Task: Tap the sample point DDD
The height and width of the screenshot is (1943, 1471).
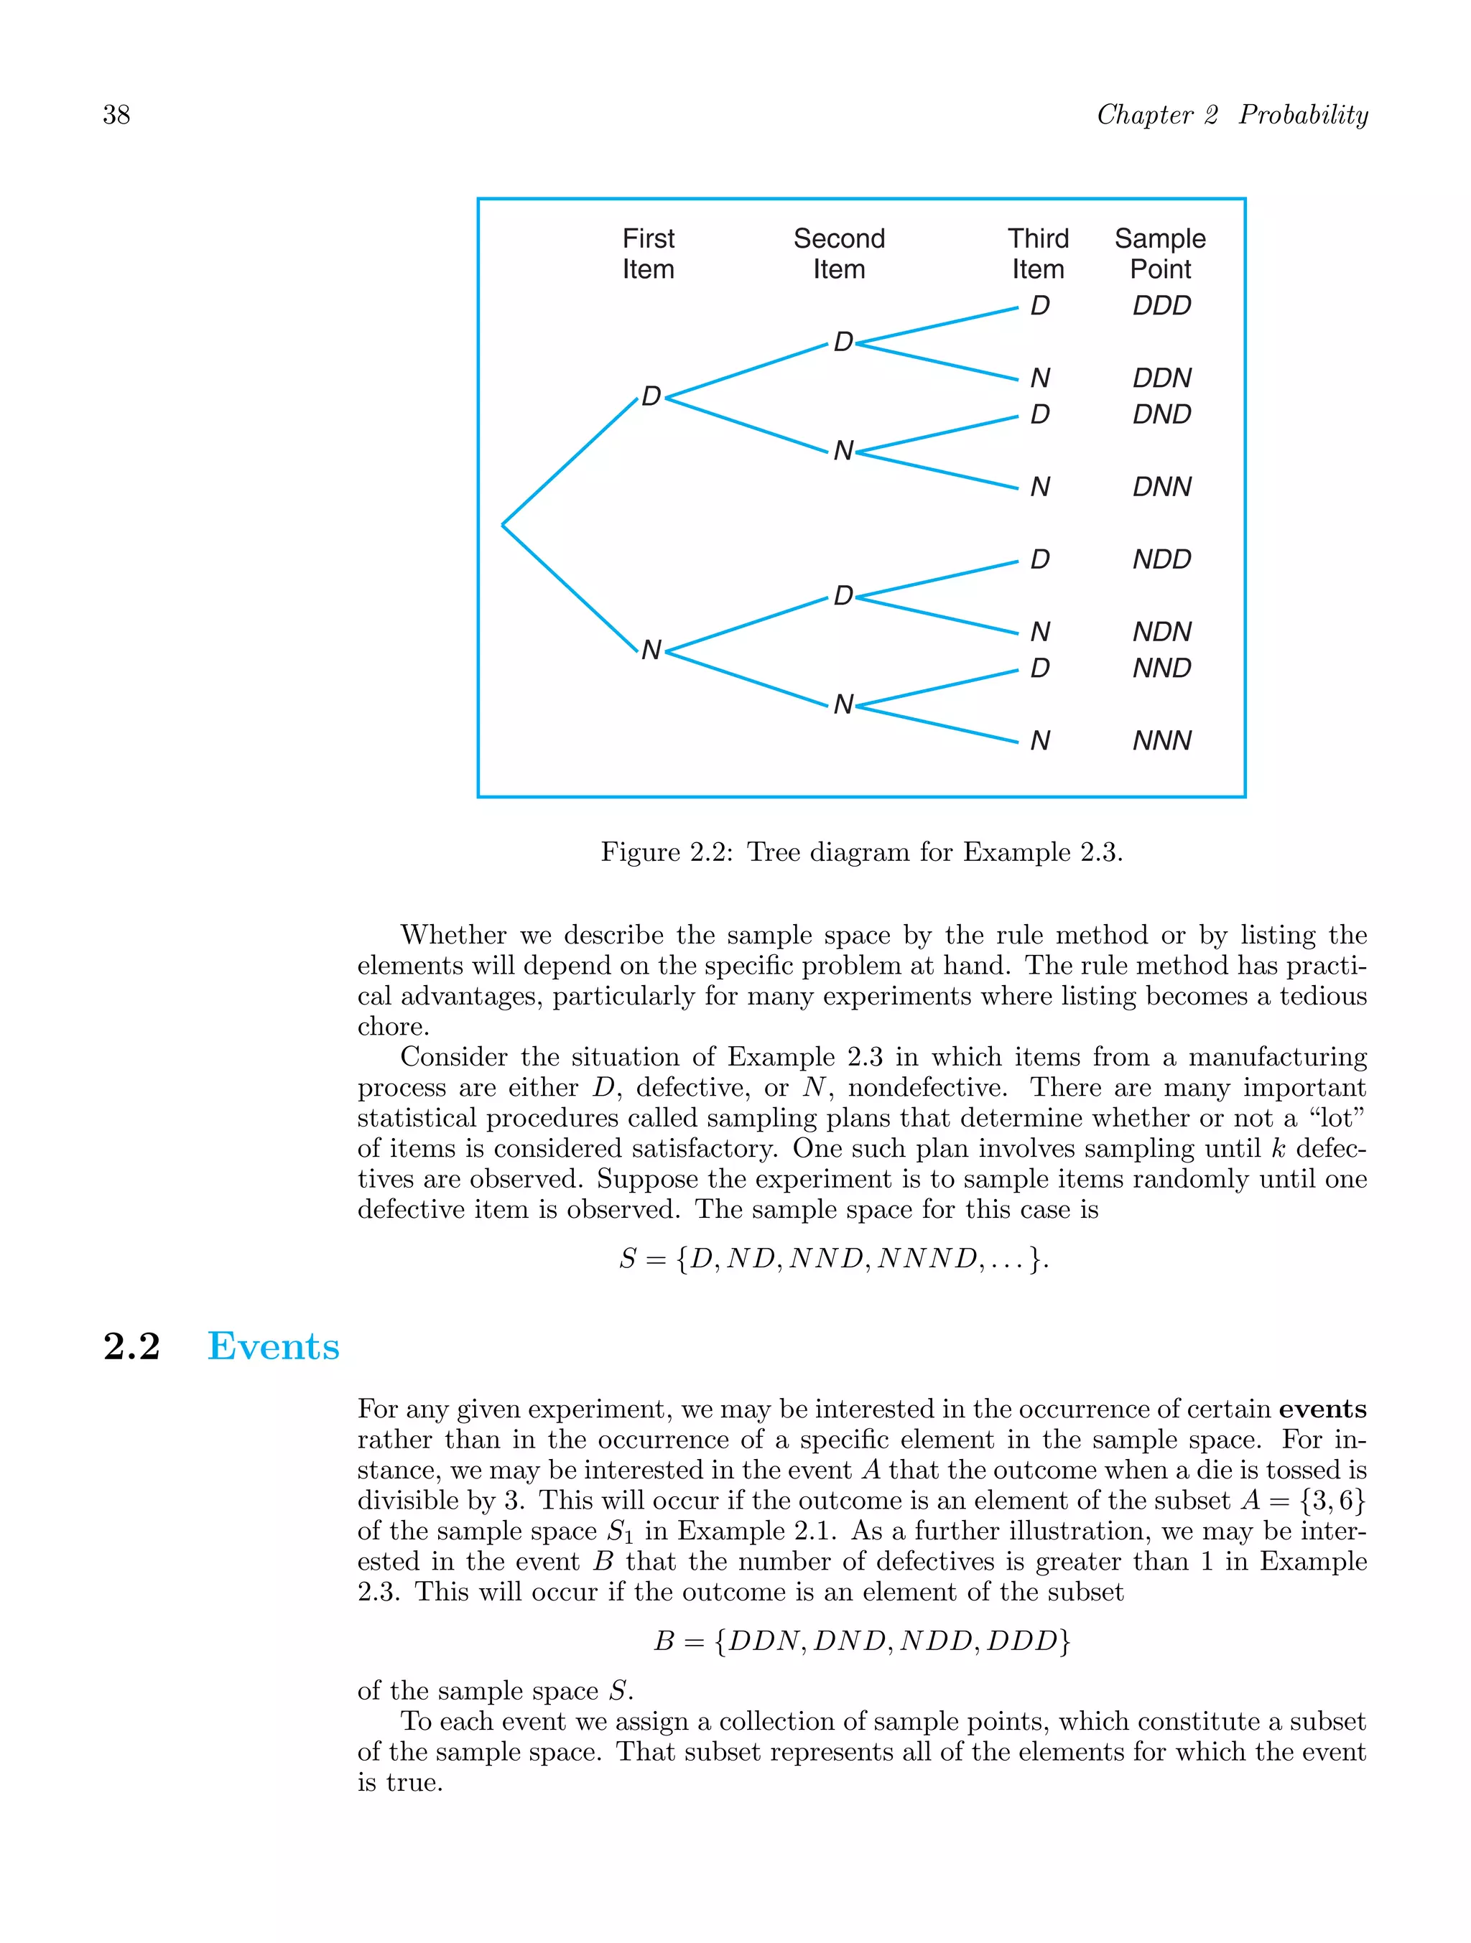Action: tap(1161, 306)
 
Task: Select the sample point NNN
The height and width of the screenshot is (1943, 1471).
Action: tap(1161, 740)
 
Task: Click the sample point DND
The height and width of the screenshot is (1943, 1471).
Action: tap(1161, 414)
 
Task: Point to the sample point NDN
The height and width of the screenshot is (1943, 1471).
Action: tap(1161, 632)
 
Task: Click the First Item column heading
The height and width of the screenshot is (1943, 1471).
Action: tap(649, 254)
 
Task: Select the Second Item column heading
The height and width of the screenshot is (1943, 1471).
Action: tap(838, 254)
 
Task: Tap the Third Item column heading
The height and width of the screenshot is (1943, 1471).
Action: tap(1038, 254)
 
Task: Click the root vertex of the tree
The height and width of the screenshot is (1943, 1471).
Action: tap(504, 524)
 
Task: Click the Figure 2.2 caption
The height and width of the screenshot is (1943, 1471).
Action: tap(861, 852)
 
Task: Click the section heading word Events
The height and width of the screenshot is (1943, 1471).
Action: tap(273, 1346)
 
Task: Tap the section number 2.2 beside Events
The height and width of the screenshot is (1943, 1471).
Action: tap(132, 1346)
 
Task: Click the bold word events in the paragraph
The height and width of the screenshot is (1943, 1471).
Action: tap(1322, 1409)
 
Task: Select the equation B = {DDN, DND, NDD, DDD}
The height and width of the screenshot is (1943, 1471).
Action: tap(861, 1641)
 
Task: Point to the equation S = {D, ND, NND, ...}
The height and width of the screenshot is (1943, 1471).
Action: tap(833, 1259)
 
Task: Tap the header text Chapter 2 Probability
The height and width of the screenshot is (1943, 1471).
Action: tap(1232, 115)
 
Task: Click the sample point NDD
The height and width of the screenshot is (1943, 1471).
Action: tap(1161, 559)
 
